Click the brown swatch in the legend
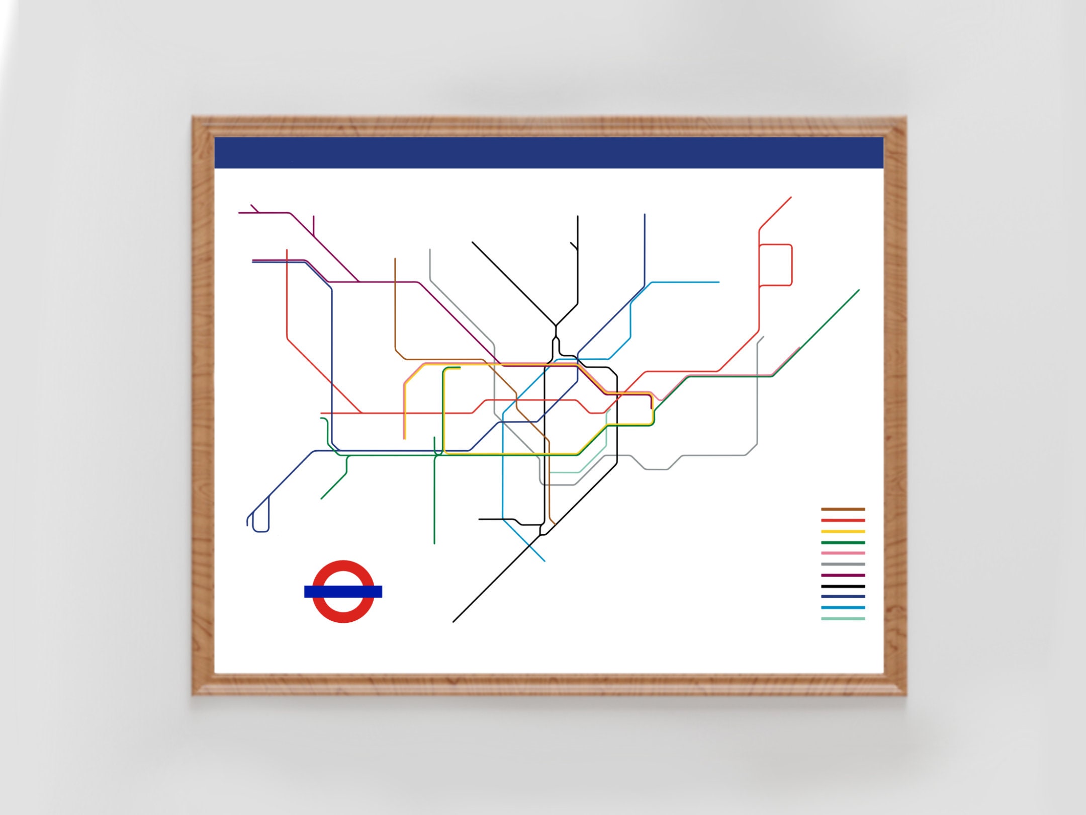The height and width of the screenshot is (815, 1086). pos(843,509)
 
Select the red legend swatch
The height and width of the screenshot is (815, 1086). pos(843,520)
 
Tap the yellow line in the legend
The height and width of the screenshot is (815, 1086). pos(843,531)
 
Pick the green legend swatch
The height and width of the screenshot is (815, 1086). pos(843,543)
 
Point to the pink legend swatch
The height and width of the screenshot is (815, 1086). pos(843,553)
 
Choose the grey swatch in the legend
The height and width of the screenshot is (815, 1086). pos(843,564)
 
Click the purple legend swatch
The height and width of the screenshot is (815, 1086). pos(843,576)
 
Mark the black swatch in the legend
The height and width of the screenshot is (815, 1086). pos(843,587)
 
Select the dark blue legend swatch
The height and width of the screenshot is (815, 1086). pos(843,597)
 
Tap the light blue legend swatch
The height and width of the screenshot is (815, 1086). pos(843,608)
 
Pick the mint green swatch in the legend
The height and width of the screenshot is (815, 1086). pos(843,619)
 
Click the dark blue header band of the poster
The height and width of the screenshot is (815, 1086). pos(548,152)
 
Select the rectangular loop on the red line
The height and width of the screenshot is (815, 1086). pos(792,265)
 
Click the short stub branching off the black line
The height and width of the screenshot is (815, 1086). pos(573,246)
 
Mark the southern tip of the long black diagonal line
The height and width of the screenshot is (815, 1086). pos(454,621)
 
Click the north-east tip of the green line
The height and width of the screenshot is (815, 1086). pos(858,291)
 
